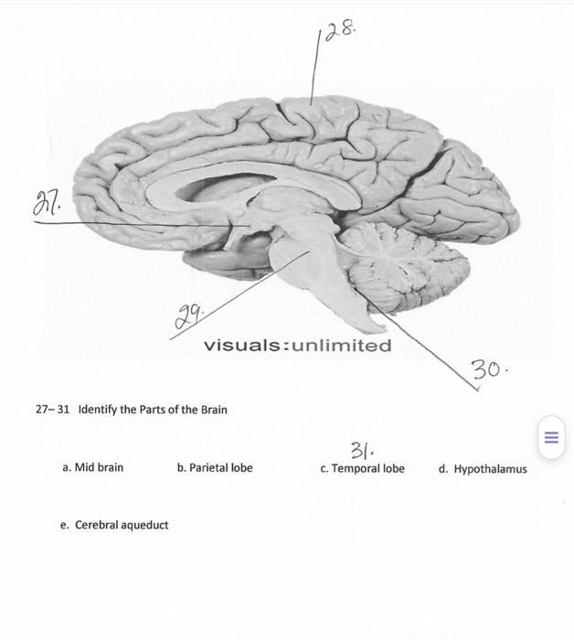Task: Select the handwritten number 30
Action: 489,370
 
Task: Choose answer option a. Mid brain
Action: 92,467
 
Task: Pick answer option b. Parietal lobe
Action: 215,467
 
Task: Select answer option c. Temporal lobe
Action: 362,468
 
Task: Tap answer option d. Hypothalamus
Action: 482,469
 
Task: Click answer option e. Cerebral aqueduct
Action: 114,525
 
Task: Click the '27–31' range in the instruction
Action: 52,409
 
